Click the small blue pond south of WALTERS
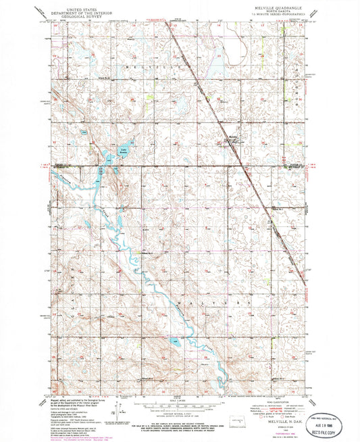pyautogui.click(x=176, y=344)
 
